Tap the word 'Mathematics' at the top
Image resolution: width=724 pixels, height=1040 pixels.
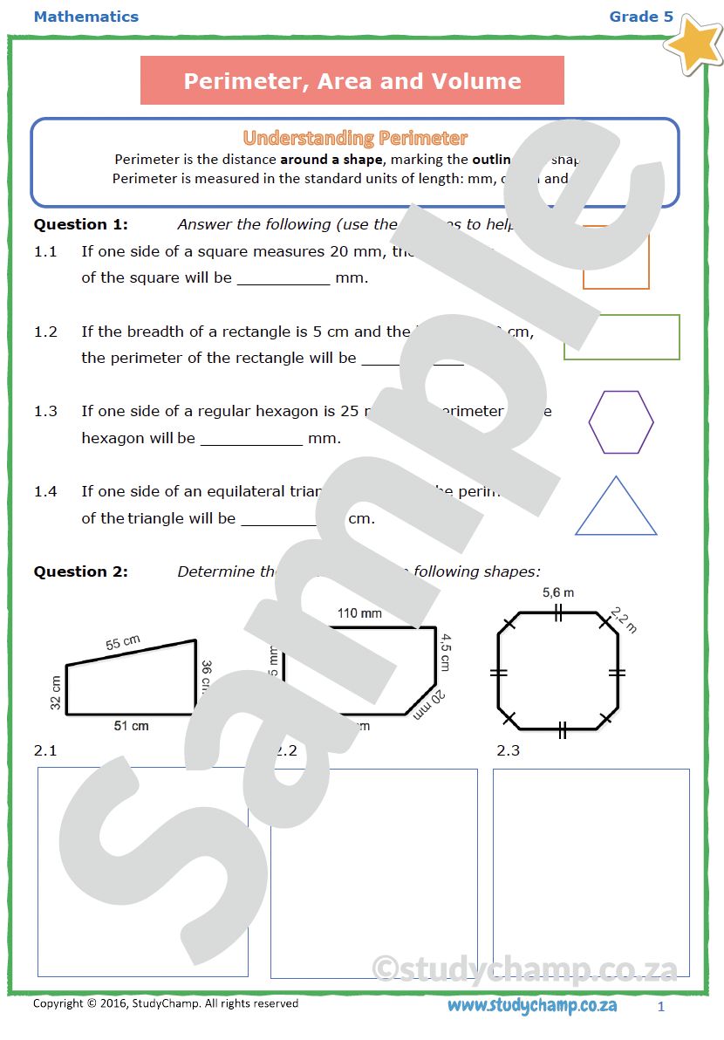pyautogui.click(x=85, y=17)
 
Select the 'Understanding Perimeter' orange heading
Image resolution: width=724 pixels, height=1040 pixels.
pyautogui.click(x=355, y=138)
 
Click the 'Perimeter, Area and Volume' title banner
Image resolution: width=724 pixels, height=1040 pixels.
pyautogui.click(x=352, y=81)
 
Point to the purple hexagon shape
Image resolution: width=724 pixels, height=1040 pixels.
pyautogui.click(x=621, y=422)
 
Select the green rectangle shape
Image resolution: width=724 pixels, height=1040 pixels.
pyautogui.click(x=622, y=338)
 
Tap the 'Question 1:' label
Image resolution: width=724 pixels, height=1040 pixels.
pyautogui.click(x=80, y=224)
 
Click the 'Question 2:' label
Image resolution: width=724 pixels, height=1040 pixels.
pyautogui.click(x=80, y=571)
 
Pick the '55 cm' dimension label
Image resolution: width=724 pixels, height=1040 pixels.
pyautogui.click(x=124, y=643)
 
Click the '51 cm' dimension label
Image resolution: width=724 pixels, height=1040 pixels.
pyautogui.click(x=132, y=726)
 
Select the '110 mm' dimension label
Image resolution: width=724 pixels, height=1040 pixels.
pyautogui.click(x=359, y=613)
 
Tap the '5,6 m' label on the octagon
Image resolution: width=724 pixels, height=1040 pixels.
pyautogui.click(x=558, y=592)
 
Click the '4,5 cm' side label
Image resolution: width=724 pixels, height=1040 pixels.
pyautogui.click(x=445, y=652)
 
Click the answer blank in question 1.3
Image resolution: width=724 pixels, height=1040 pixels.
pyautogui.click(x=251, y=439)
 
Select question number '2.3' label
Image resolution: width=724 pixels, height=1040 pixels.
pyautogui.click(x=508, y=750)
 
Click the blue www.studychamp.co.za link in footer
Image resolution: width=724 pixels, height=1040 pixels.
pyautogui.click(x=532, y=1005)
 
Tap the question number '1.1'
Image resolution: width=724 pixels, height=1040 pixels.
pyautogui.click(x=45, y=251)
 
